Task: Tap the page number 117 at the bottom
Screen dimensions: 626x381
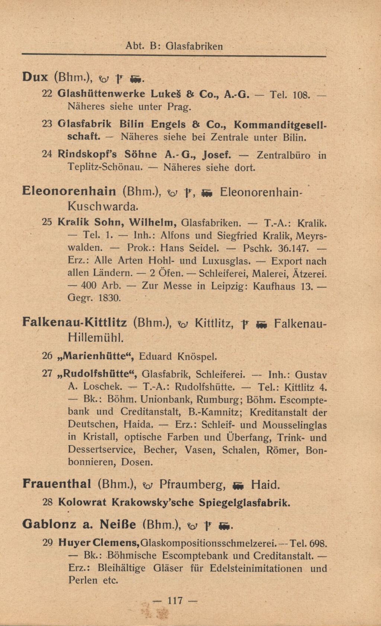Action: click(175, 600)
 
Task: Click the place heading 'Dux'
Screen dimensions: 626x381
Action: click(35, 77)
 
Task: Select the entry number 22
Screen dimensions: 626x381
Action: click(47, 94)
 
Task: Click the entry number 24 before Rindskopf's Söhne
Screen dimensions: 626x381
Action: click(47, 154)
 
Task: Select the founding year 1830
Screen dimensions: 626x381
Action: click(109, 298)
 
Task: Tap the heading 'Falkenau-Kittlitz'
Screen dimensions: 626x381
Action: click(75, 322)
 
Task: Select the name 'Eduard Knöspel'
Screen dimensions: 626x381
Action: click(178, 356)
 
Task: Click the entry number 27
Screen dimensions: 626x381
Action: click(47, 374)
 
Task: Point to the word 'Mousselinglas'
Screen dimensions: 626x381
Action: click(294, 425)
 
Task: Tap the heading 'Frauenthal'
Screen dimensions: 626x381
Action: click(57, 484)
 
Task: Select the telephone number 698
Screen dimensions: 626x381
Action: click(318, 543)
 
